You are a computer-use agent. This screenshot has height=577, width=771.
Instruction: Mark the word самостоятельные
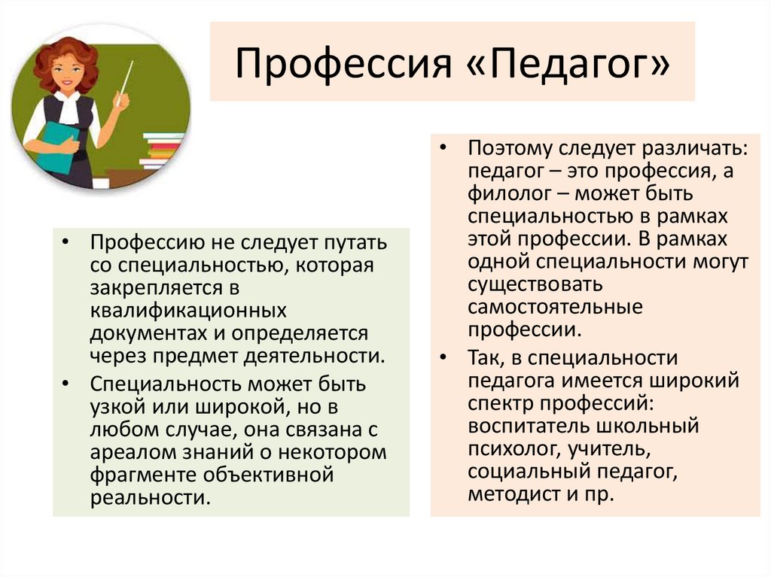(x=554, y=307)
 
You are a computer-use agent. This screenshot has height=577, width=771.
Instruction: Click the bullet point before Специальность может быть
(x=66, y=384)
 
